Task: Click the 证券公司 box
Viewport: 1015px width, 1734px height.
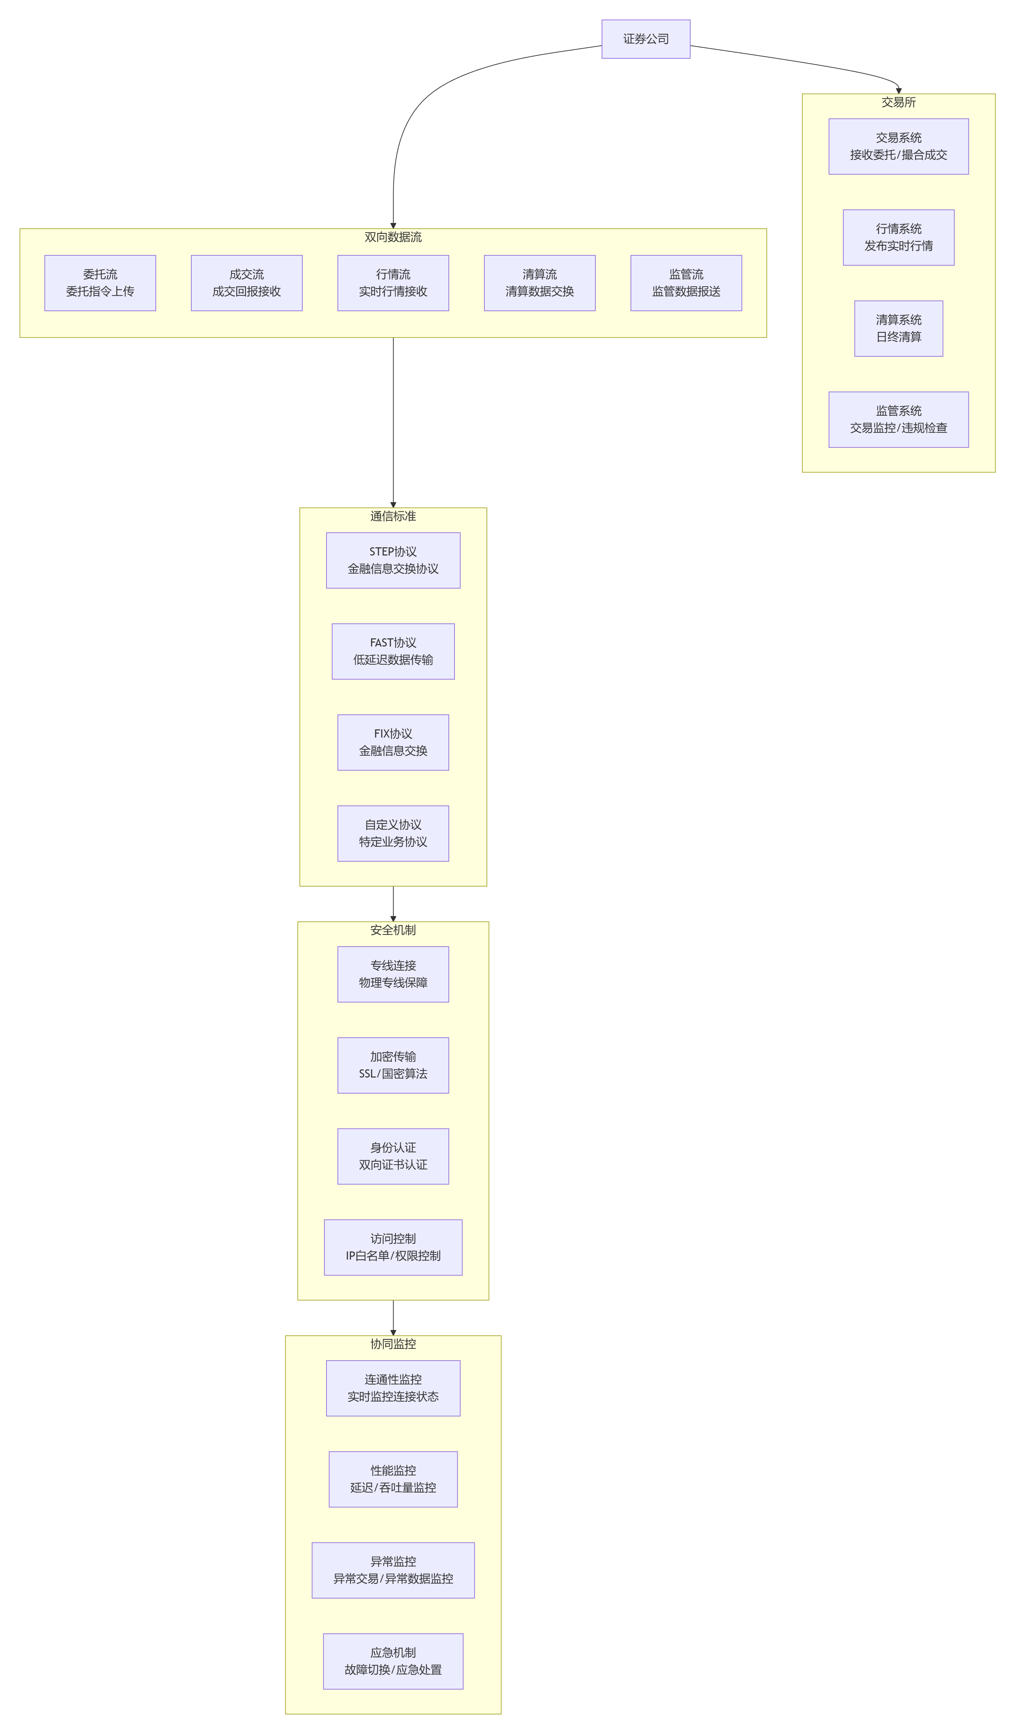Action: [645, 39]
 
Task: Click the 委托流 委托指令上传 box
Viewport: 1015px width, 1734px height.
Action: [100, 283]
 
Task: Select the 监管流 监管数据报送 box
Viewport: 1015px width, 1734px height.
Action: [686, 283]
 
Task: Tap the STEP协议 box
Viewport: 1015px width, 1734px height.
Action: [393, 560]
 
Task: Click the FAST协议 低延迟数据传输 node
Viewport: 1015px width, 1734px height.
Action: [393, 651]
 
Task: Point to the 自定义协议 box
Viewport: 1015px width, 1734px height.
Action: [393, 833]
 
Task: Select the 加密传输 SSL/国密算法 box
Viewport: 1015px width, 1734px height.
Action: [393, 1065]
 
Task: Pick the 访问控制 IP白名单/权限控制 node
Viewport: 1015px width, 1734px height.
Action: [393, 1248]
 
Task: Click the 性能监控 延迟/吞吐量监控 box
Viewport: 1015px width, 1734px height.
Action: [393, 1479]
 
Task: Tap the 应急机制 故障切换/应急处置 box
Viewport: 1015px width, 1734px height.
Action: [393, 1661]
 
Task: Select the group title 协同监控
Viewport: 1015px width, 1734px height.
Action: [393, 1344]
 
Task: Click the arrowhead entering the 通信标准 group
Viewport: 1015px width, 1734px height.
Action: [393, 504]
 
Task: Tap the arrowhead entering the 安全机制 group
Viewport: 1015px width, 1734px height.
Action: [393, 918]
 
